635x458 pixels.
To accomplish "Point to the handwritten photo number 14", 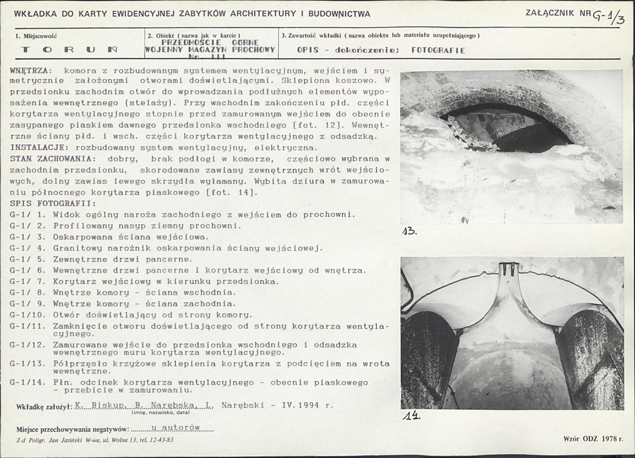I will click(x=412, y=416).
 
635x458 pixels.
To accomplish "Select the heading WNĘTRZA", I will click(x=31, y=70).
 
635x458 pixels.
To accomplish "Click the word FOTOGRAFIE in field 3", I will click(x=438, y=50).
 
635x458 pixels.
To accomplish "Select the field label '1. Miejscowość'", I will click(x=37, y=36).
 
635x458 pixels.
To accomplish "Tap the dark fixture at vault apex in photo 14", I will click(x=510, y=268).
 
